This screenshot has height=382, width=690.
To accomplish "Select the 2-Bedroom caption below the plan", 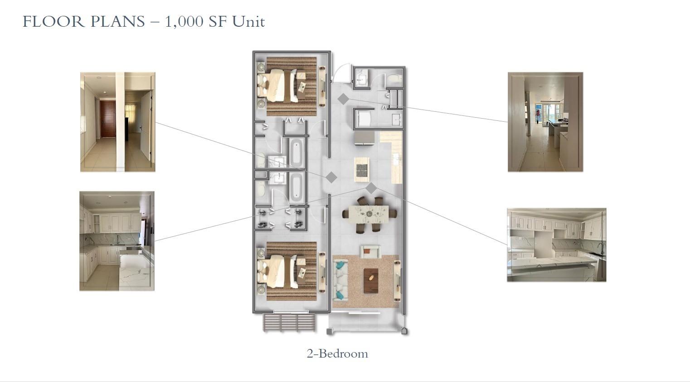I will click(x=337, y=353).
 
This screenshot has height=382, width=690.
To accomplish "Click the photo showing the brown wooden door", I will click(x=118, y=122).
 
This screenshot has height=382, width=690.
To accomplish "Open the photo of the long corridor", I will click(x=545, y=122).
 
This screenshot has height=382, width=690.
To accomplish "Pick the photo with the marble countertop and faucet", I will click(x=556, y=245).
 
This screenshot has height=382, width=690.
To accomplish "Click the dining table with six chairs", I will click(x=369, y=214).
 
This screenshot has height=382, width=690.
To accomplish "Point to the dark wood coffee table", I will click(x=370, y=281).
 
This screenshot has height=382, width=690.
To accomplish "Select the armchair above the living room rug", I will click(x=370, y=251).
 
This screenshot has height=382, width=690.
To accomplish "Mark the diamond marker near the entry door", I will click(x=343, y=99).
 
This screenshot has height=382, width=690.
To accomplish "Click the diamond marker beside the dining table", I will click(x=371, y=188).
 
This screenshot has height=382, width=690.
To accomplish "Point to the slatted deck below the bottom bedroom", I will click(x=289, y=322).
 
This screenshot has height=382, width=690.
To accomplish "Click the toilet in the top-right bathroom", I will click(x=394, y=79).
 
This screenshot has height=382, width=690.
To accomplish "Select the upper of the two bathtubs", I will click(x=296, y=153).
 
